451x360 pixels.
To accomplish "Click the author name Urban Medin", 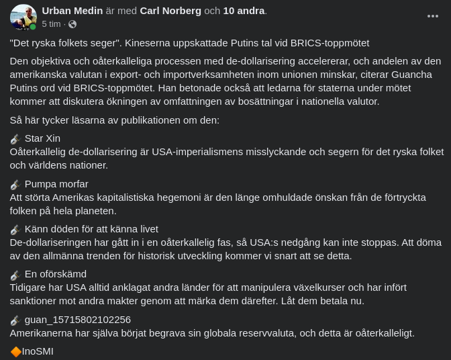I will (72, 11).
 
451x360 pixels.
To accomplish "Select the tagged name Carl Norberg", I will (170, 11).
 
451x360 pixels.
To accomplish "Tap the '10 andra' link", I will (244, 11).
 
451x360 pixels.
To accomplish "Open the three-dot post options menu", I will (433, 16).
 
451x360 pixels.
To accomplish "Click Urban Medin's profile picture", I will (23, 17).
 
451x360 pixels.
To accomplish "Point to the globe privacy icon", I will (72, 24).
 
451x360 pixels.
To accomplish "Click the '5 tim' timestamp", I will (51, 24).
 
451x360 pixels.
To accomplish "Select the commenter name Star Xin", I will (42, 138).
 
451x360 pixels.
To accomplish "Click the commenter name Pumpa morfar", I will (56, 184).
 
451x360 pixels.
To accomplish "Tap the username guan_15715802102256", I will (78, 320).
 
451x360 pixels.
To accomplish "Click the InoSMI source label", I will (38, 351).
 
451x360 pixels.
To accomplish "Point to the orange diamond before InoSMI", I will (15, 351).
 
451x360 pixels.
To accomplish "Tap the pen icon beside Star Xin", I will (15, 139).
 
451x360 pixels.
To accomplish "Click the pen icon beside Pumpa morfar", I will (15, 185).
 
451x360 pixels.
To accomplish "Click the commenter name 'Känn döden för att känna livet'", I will (91, 229).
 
